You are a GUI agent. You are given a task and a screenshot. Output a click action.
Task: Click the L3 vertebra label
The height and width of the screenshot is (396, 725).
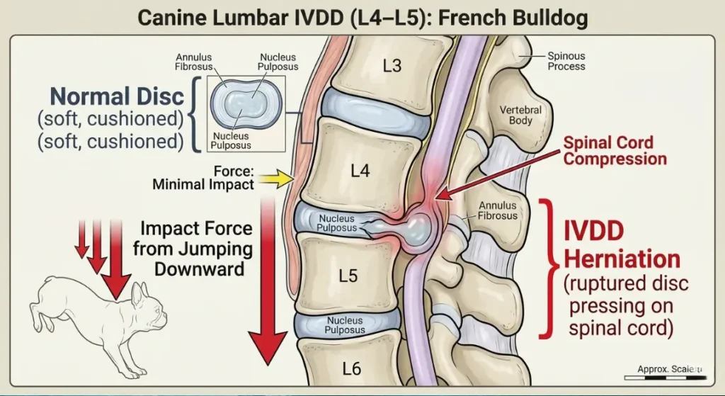pyautogui.click(x=392, y=66)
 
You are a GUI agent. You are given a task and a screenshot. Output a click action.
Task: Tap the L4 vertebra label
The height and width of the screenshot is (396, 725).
pyautogui.click(x=360, y=171)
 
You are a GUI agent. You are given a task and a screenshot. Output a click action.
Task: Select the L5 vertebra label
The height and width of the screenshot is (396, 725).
pyautogui.click(x=348, y=275)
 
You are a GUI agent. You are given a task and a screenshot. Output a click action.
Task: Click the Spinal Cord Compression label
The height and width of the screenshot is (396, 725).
pyautogui.click(x=615, y=150)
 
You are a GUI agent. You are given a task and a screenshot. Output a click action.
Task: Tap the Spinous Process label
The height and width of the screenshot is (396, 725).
pyautogui.click(x=566, y=60)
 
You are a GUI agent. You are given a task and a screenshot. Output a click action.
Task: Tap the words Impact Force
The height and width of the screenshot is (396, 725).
pyautogui.click(x=196, y=229)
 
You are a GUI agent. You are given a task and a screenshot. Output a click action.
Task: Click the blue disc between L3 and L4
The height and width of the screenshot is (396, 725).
pyautogui.click(x=373, y=115)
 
